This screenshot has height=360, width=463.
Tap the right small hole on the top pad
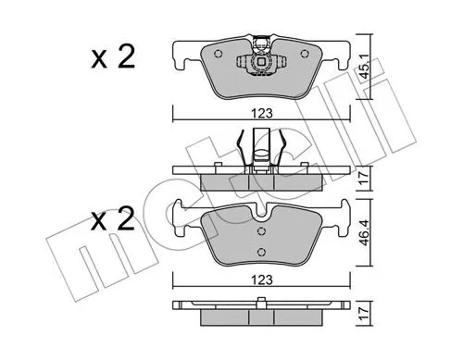pos(310,54)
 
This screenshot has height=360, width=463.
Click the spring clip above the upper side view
pos(263,144)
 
